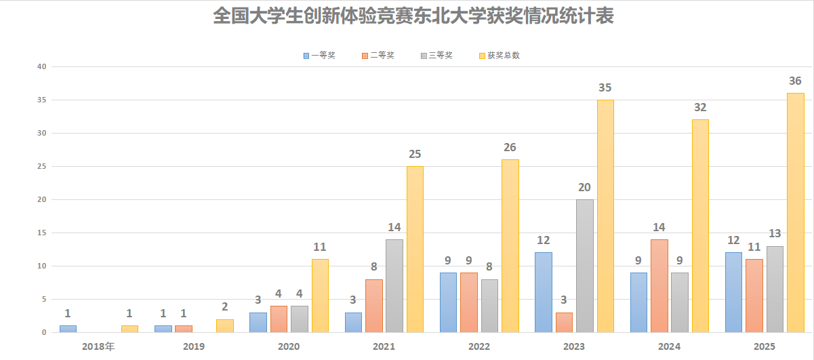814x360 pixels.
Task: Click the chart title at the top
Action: (413, 16)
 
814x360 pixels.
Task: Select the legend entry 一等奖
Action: (319, 56)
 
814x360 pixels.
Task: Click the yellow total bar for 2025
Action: (795, 213)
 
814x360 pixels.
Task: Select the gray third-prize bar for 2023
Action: (584, 266)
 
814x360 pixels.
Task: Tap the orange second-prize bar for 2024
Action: (659, 285)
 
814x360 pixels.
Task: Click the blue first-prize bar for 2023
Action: (543, 292)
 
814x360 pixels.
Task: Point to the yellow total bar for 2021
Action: (415, 249)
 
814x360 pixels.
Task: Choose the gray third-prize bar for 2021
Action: (394, 285)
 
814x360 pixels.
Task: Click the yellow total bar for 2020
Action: (320, 296)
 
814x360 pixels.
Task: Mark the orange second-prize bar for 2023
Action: (564, 322)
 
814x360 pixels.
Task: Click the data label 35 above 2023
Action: (605, 87)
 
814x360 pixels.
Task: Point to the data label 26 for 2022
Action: (510, 147)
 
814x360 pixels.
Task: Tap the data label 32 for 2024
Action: (700, 107)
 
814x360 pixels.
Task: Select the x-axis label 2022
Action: (479, 346)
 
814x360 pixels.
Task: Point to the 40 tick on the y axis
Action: (42, 66)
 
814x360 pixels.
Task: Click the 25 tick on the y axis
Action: (42, 166)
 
